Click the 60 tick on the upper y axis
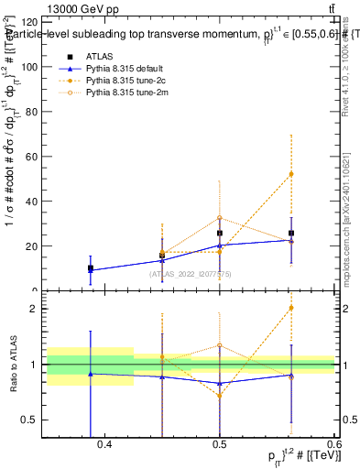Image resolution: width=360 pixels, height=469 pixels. pos(33,157)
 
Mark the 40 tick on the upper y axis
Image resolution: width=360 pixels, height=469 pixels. pos(33,202)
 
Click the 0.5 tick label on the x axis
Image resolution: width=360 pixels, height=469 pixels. pos(219,444)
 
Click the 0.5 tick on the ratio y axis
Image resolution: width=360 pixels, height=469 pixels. pos(33,420)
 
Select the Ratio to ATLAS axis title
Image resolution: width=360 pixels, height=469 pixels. pos(12,365)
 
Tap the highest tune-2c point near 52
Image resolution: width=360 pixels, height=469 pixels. pos(291,174)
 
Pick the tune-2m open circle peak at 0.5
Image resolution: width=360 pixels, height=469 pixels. pos(220,218)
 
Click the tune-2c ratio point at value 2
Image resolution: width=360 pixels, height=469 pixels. pos(291,308)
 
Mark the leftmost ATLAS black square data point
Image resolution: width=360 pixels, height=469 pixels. pos(90,268)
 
